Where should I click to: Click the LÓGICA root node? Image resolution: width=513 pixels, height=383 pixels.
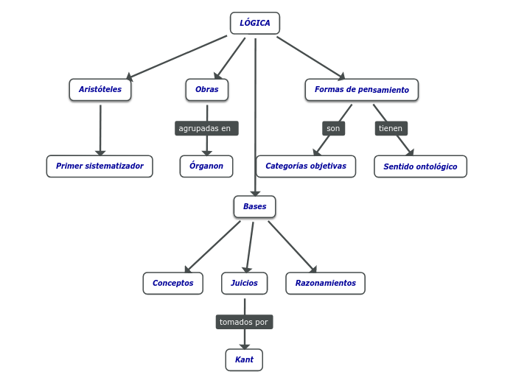pyautogui.click(x=255, y=23)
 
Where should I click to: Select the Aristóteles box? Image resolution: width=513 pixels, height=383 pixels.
pyautogui.click(x=100, y=90)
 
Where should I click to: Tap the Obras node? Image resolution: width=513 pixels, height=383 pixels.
pyautogui.click(x=207, y=90)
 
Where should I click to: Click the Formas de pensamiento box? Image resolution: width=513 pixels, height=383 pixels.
pyautogui.click(x=361, y=90)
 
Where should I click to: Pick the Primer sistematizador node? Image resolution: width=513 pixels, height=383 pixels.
pyautogui.click(x=100, y=166)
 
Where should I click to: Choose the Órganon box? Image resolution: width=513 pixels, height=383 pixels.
pyautogui.click(x=206, y=166)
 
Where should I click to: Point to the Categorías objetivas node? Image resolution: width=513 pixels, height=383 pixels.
pyautogui.click(x=306, y=166)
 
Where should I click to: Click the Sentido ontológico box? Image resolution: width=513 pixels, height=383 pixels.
pyautogui.click(x=420, y=166)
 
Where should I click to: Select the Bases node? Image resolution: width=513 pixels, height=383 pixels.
pyautogui.click(x=255, y=207)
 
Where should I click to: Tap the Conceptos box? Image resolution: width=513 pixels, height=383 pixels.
pyautogui.click(x=173, y=284)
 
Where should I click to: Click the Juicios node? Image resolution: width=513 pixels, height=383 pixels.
pyautogui.click(x=244, y=284)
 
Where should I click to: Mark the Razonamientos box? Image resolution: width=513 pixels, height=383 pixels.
pyautogui.click(x=325, y=284)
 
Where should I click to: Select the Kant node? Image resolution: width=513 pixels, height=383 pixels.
pyautogui.click(x=244, y=360)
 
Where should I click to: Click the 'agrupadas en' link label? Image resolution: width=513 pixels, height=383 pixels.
pyautogui.click(x=206, y=128)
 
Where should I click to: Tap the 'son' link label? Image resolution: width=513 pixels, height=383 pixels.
pyautogui.click(x=333, y=128)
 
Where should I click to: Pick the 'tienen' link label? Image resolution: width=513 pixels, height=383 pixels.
pyautogui.click(x=391, y=128)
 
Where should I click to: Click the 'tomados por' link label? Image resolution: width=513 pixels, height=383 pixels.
pyautogui.click(x=244, y=322)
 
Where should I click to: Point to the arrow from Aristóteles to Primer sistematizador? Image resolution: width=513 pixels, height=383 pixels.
pyautogui.click(x=100, y=129)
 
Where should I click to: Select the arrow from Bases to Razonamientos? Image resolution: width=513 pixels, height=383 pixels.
pyautogui.click(x=292, y=247)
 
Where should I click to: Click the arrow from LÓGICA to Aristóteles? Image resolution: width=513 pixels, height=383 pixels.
pyautogui.click(x=177, y=57)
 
